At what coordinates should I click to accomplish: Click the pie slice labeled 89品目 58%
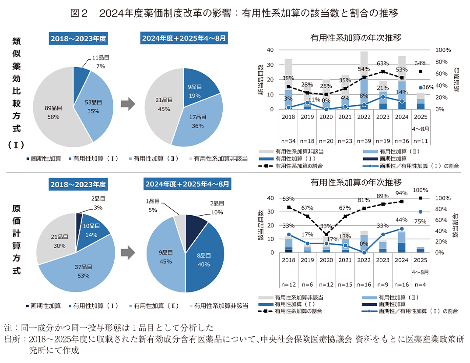(x=50, y=110)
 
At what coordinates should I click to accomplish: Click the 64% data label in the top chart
(x=420, y=63)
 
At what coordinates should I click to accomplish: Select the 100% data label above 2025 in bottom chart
(x=420, y=190)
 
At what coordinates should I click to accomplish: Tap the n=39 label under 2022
(x=364, y=141)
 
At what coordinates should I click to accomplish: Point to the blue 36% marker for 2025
(x=421, y=88)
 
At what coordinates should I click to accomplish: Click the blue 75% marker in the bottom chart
(x=421, y=212)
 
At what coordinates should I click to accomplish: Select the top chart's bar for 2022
(x=364, y=81)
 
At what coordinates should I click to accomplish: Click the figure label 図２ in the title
(x=80, y=14)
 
